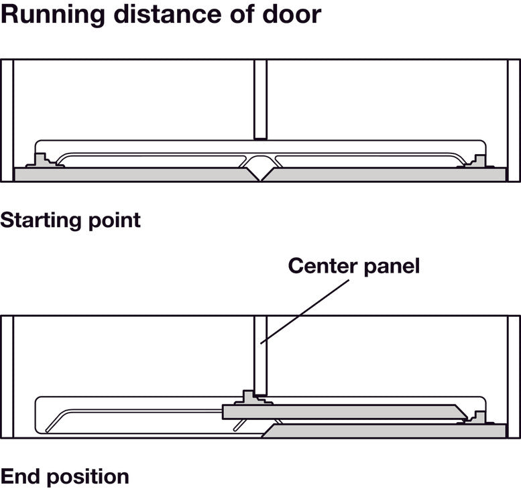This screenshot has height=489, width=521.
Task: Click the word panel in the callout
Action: [x=392, y=267]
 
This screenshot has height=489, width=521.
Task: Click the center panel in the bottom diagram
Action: [x=260, y=355]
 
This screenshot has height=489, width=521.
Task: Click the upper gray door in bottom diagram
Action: [x=342, y=411]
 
